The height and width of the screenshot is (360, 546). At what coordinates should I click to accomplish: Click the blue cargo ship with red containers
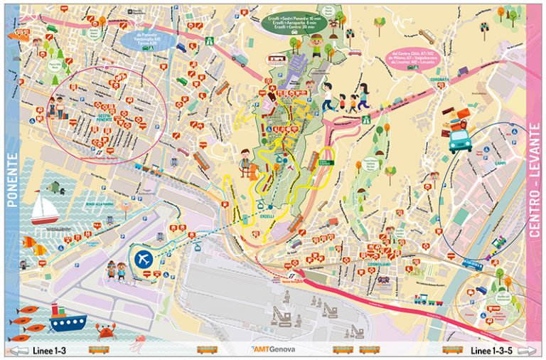[x=68, y=317]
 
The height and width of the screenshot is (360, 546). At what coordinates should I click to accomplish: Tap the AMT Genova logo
[x=273, y=350]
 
